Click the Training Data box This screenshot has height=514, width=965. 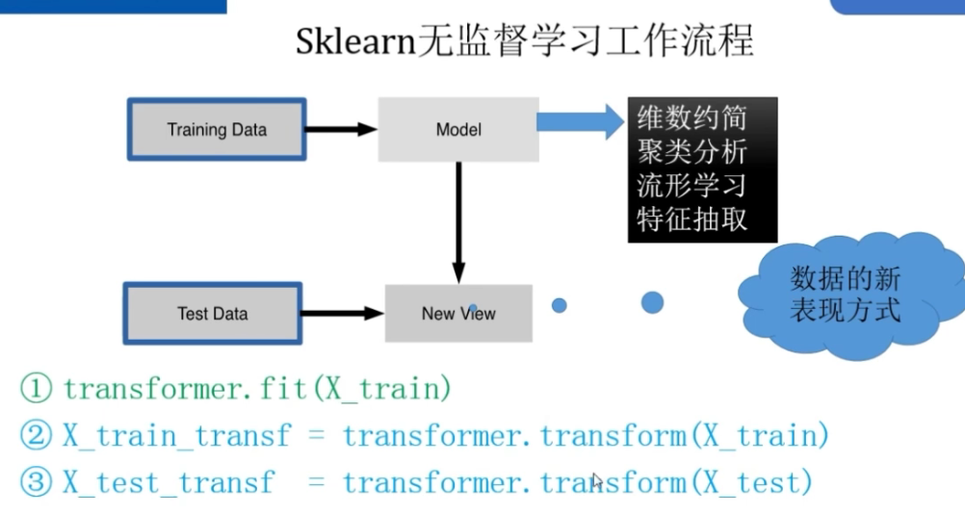(217, 129)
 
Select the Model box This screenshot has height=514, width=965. (458, 129)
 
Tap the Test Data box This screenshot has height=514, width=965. (213, 313)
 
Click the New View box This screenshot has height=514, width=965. (458, 313)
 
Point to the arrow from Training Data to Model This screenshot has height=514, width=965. (342, 129)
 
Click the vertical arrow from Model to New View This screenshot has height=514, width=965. (458, 221)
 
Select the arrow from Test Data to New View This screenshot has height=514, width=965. (342, 313)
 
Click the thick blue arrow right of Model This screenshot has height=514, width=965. (582, 122)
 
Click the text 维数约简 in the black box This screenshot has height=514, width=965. (692, 119)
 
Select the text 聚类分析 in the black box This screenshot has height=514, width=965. (692, 152)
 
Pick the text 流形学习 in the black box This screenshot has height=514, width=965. (692, 185)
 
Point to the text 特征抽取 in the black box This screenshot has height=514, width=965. (692, 218)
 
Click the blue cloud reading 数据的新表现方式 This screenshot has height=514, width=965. (846, 295)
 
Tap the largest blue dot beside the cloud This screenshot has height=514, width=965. (652, 302)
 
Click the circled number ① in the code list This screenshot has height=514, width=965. (37, 390)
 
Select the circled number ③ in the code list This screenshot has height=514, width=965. (37, 482)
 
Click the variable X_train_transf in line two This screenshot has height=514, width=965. (176, 436)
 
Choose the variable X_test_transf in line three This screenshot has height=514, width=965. (169, 482)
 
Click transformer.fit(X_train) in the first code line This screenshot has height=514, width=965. (257, 390)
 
